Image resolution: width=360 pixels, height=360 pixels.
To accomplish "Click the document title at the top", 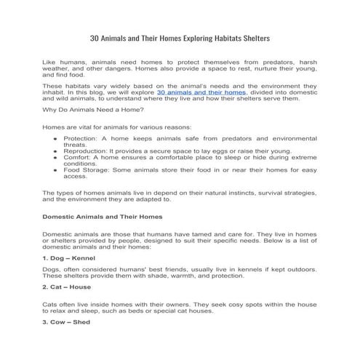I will [x=180, y=38].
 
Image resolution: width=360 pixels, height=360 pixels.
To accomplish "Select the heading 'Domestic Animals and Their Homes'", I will [x=103, y=217].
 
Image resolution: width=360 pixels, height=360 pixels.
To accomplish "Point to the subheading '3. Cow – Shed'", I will [x=66, y=321].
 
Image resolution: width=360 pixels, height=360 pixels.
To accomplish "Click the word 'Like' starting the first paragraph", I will [x=49, y=63].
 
